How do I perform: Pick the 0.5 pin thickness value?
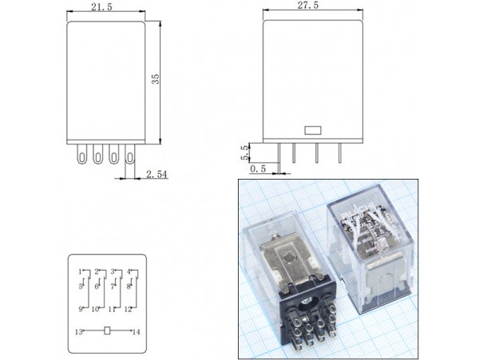pos(258,169)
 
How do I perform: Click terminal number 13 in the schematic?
pos(80,330)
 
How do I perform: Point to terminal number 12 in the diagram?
pos(128,309)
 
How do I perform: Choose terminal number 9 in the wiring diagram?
pos(81,309)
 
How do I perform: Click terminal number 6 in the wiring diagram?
pos(96,286)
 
